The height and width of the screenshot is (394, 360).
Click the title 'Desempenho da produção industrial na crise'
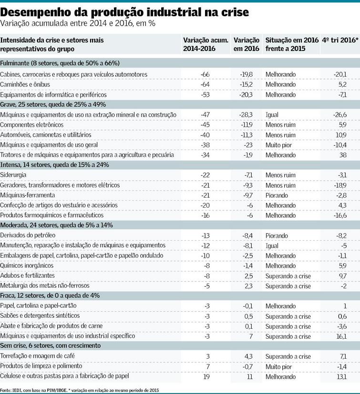[124, 11]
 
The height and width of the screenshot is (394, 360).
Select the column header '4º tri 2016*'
[340, 40]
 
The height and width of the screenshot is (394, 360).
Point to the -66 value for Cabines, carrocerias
[206, 74]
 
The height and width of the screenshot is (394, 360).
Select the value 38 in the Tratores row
[342, 155]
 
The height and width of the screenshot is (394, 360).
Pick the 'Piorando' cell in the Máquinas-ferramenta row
[277, 195]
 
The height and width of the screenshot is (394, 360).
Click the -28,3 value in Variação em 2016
[247, 115]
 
